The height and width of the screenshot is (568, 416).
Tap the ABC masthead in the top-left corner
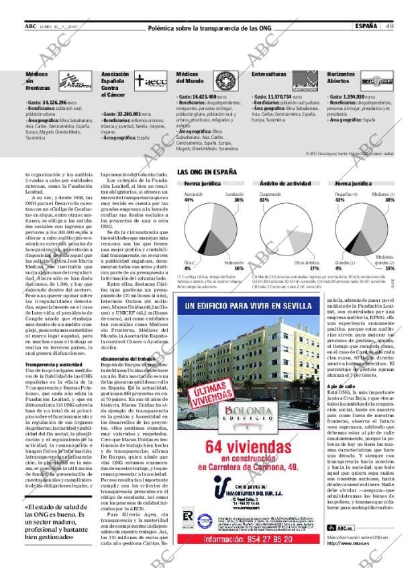tap(30, 26)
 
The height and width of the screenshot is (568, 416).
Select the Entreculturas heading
tap(269, 74)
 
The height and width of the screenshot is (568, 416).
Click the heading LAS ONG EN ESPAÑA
tap(207, 172)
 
